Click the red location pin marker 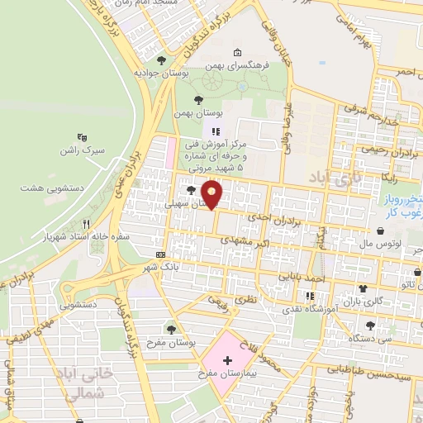point(213,194)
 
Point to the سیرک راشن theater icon point(82,138)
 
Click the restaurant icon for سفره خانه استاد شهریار point(86,224)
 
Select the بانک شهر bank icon point(159,254)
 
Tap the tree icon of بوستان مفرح point(171,330)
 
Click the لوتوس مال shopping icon point(379,231)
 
